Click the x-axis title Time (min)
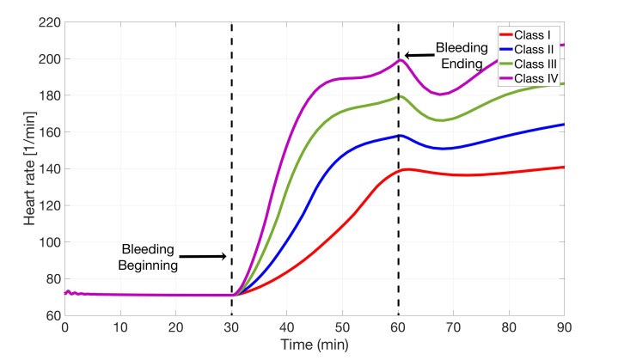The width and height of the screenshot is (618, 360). pyautogui.click(x=315, y=346)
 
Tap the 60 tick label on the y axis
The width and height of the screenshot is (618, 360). pyautogui.click(x=49, y=315)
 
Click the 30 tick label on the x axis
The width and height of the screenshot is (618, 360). pyautogui.click(x=231, y=328)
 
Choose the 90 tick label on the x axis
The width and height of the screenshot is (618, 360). pyautogui.click(x=564, y=328)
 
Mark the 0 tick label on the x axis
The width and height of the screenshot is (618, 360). pyautogui.click(x=65, y=328)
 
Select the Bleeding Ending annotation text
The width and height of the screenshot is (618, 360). pyautogui.click(x=462, y=55)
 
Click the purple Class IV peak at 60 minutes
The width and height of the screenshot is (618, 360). pyautogui.click(x=399, y=59)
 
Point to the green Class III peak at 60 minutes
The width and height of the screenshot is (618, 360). pyautogui.click(x=399, y=96)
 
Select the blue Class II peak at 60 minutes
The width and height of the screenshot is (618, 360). pyautogui.click(x=399, y=136)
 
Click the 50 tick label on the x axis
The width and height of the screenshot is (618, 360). pyautogui.click(x=342, y=328)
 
